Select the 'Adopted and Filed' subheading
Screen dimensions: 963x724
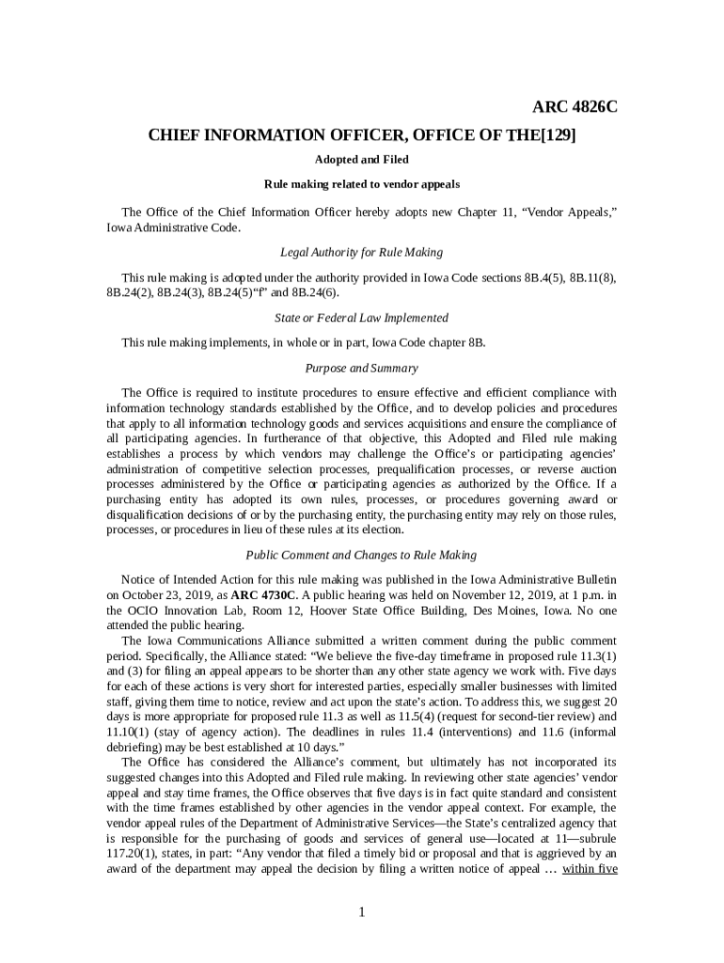(x=362, y=161)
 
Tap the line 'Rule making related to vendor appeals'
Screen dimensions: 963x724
(x=362, y=184)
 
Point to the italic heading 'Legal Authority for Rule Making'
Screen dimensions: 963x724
(x=362, y=252)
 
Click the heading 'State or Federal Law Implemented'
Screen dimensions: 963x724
(x=362, y=318)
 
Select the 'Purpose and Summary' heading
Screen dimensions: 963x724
(x=362, y=368)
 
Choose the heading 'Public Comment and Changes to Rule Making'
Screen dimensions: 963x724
(x=362, y=555)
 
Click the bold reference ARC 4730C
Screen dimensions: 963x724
(x=263, y=594)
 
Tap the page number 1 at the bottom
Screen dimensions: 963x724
(x=362, y=912)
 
